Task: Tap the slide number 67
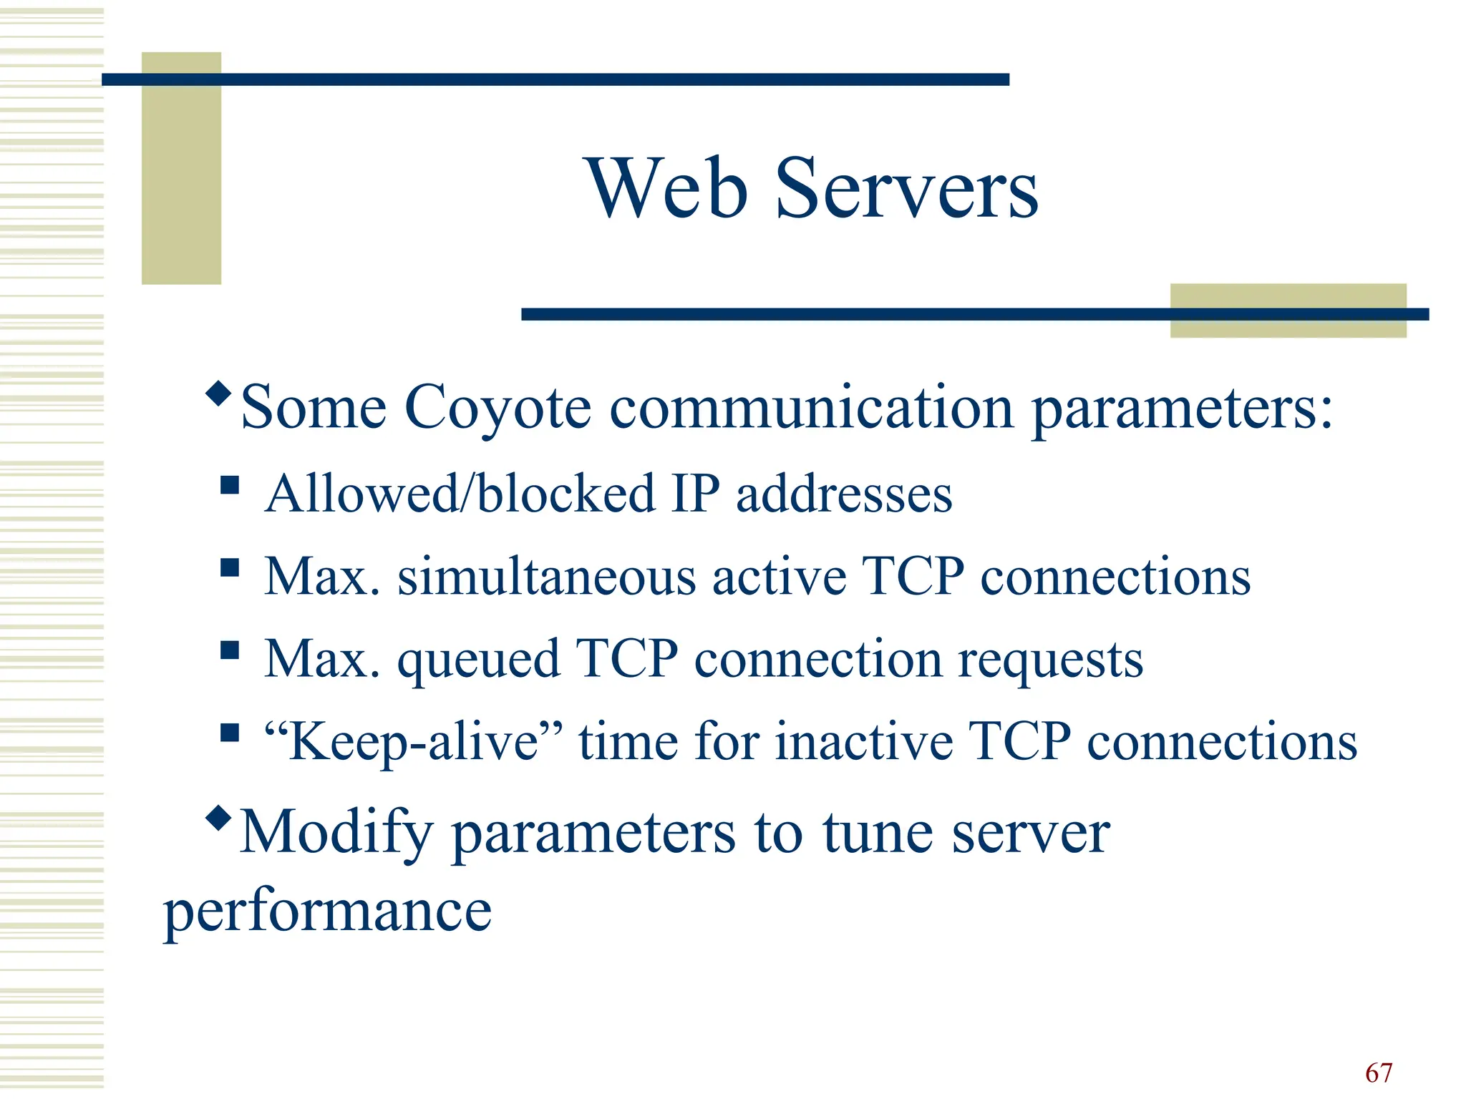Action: [1379, 1073]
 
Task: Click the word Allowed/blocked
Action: [460, 494]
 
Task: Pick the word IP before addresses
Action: [696, 494]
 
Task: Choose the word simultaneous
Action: [546, 577]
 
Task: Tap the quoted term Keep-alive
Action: [414, 741]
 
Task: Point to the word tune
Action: [878, 833]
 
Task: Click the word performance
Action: [328, 913]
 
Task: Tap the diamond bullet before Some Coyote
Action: [218, 393]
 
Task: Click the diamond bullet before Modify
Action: [218, 817]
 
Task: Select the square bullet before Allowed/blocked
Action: [230, 486]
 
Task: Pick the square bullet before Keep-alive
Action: [230, 733]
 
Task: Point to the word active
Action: [779, 577]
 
